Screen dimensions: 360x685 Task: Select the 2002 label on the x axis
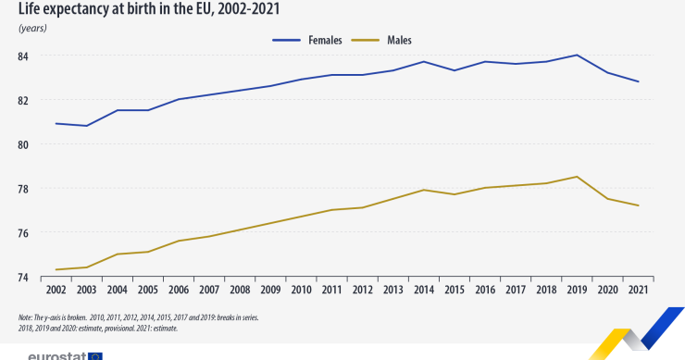click(56, 291)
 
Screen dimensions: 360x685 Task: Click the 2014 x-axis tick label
click(424, 291)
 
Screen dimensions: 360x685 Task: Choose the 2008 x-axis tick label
click(240, 291)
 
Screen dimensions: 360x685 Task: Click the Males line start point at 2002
click(56, 269)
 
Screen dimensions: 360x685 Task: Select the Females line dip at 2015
click(455, 70)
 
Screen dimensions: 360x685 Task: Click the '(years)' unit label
click(32, 28)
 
